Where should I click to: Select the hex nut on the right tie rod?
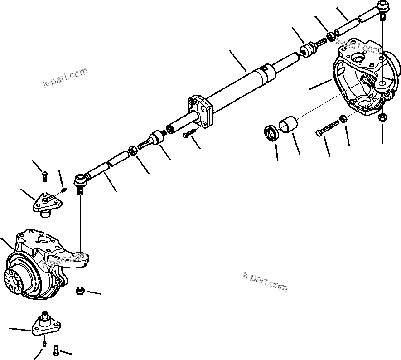(331, 35)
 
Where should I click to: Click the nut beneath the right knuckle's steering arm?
(382, 117)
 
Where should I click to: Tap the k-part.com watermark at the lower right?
(265, 281)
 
